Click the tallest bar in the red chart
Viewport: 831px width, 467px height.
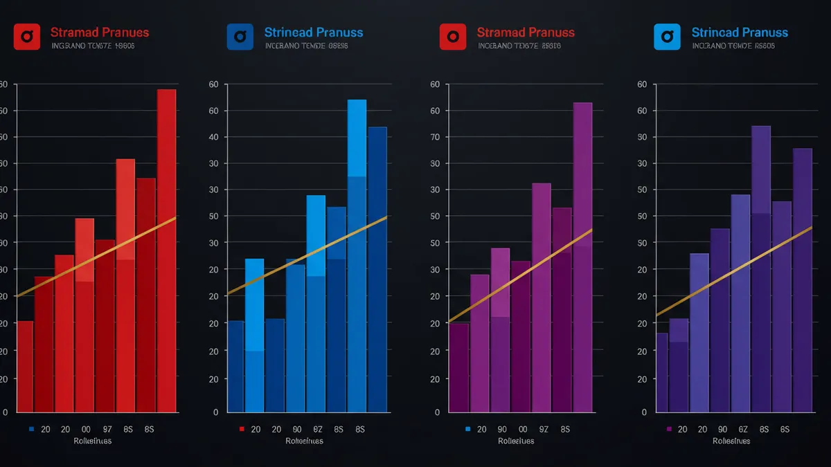166,208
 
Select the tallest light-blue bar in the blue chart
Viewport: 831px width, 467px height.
357,138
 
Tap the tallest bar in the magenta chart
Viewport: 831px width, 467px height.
582,208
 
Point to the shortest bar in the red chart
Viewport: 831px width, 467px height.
25,367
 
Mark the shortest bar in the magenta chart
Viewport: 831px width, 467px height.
458,367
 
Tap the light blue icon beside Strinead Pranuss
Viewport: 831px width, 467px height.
668,37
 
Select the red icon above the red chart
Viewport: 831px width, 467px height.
27,37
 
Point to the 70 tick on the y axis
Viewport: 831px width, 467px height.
435,137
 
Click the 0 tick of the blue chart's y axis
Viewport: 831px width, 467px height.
215,412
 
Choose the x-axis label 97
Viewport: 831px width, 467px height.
107,430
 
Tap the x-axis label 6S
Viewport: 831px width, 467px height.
785,430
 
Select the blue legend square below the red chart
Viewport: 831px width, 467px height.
32,430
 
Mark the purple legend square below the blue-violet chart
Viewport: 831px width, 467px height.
669,430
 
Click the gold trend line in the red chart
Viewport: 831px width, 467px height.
97,257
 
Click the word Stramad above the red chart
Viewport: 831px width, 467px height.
74,33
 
